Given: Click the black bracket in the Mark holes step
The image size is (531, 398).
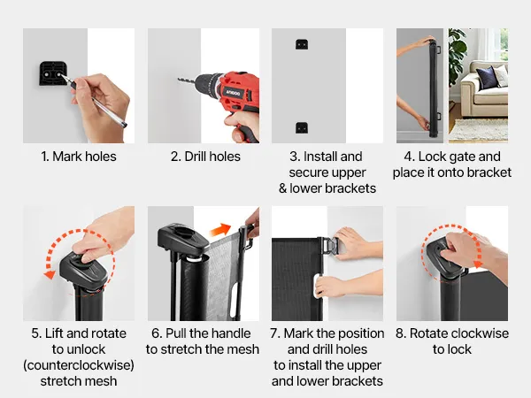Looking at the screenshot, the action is [x=52, y=73].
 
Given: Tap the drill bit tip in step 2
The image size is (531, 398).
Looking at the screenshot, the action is [x=179, y=80].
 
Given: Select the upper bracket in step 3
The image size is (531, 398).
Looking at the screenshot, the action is [x=302, y=44].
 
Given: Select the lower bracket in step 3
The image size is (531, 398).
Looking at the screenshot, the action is [x=302, y=127].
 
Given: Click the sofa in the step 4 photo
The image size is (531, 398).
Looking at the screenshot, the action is [x=485, y=88].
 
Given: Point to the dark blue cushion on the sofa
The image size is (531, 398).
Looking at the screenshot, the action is [x=486, y=77].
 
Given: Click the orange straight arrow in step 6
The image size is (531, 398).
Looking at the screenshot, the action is [x=220, y=230].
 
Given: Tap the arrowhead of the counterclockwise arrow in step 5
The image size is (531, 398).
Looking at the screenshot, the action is [x=50, y=274].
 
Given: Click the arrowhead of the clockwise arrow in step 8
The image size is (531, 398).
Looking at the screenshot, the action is [x=479, y=264].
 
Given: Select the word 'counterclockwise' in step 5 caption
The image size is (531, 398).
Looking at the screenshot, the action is [x=79, y=365].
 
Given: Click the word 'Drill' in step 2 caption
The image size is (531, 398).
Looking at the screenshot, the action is [x=195, y=157].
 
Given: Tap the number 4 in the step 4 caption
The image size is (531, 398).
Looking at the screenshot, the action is [x=408, y=157].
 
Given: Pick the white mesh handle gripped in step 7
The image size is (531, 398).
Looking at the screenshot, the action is [x=318, y=286].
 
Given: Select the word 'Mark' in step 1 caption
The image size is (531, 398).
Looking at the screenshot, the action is [x=66, y=157].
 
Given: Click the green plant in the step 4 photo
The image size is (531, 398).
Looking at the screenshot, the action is [x=458, y=54].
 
